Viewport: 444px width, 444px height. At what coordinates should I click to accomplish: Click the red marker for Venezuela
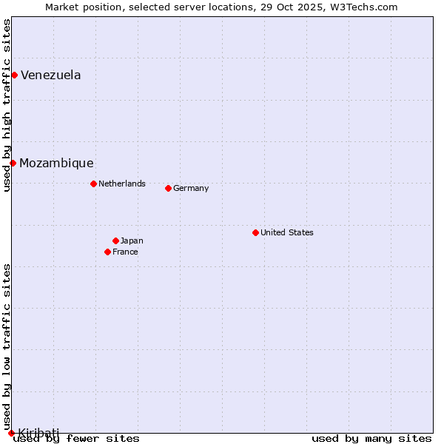[x=14, y=75]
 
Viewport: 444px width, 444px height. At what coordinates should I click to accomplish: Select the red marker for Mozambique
[x=13, y=163]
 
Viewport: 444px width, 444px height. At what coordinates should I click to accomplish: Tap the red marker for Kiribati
[x=11, y=433]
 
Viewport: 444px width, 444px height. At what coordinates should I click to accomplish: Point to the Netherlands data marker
[x=93, y=184]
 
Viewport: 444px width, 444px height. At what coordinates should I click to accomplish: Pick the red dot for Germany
[x=168, y=188]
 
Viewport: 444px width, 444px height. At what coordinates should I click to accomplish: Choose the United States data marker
[x=255, y=232]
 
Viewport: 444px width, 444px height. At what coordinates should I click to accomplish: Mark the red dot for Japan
[x=115, y=240]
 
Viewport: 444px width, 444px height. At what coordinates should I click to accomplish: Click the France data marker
[x=107, y=252]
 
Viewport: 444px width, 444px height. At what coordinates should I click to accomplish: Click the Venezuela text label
[x=50, y=75]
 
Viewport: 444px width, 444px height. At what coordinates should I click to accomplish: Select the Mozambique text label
[x=56, y=163]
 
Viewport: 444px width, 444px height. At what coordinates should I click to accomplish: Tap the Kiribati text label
[x=38, y=432]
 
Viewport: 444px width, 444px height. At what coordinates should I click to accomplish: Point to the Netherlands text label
[x=122, y=184]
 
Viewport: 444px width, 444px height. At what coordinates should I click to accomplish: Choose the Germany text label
[x=191, y=188]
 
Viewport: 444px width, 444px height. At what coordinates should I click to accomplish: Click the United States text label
[x=287, y=232]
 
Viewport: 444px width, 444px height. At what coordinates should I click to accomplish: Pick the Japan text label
[x=132, y=240]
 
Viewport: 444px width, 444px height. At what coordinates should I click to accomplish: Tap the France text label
[x=125, y=252]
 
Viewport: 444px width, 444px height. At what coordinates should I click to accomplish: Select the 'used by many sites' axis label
[x=371, y=438]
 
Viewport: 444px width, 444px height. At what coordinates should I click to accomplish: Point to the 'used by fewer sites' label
[x=76, y=438]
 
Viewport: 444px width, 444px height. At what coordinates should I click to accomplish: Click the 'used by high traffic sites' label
[x=7, y=105]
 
